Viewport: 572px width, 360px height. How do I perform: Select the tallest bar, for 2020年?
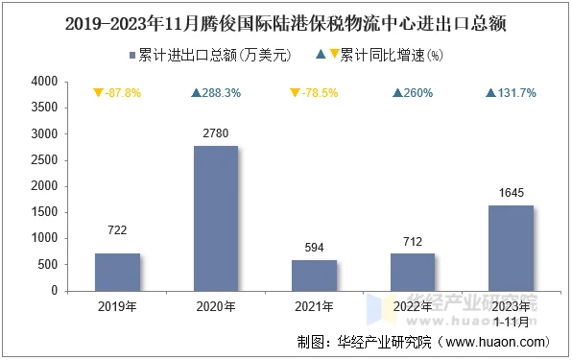tap(215, 218)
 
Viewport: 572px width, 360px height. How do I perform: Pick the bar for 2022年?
tap(412, 272)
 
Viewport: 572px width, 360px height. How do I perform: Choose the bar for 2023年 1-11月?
tap(510, 248)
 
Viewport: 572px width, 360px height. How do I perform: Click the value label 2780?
tap(215, 132)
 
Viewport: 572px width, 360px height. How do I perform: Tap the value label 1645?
tap(510, 192)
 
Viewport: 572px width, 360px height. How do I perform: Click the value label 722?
tap(117, 230)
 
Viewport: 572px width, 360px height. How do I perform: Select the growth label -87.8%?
tap(117, 93)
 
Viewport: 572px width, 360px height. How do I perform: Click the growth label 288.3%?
tap(216, 93)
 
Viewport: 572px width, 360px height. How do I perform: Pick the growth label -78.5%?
tap(314, 93)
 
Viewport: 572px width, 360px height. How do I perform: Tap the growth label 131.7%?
tap(511, 93)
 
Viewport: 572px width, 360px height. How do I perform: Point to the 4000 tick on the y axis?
tap(45, 83)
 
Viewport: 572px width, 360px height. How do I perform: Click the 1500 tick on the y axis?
tap(45, 212)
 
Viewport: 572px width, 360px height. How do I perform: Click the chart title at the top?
tap(286, 19)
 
